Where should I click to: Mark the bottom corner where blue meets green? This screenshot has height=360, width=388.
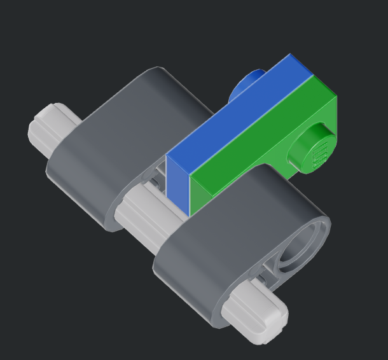coord(190,214)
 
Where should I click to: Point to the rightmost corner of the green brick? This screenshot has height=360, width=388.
coord(337,95)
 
